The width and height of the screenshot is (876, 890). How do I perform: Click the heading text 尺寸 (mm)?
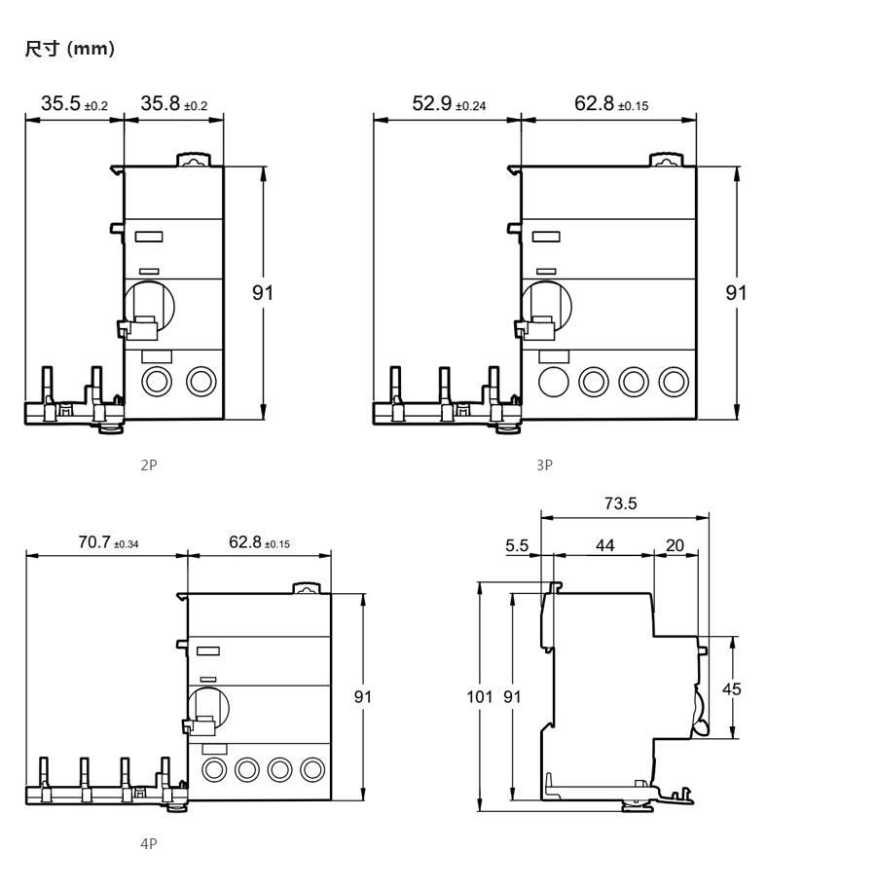pos(70,49)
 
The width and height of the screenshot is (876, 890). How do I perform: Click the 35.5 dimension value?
pos(60,103)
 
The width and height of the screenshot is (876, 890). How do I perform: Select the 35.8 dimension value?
pos(161,103)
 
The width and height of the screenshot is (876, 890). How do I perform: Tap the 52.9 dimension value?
pos(432,103)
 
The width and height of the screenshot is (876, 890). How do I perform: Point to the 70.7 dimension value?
pos(94,542)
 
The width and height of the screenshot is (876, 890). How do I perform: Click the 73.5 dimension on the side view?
pos(621,503)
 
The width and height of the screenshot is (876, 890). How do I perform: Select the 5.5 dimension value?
pos(517,545)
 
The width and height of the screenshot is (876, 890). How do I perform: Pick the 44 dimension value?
pos(604,545)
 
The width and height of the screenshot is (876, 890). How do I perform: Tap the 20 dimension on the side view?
pos(675,545)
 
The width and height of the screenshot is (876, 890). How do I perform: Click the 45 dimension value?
pos(731,689)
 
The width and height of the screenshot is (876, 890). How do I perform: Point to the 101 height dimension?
pos(480,696)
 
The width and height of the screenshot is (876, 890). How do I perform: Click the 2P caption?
pos(149,464)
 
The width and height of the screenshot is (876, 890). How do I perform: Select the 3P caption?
pos(544,464)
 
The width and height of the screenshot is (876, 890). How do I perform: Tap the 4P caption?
pos(149,844)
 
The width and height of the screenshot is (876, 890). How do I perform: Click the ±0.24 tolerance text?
pos(470,106)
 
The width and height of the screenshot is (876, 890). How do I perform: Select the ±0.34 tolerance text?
pos(126,544)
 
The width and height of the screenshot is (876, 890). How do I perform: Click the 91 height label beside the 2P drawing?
pos(263,293)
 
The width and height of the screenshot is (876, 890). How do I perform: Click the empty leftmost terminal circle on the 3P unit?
pos(554,382)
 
